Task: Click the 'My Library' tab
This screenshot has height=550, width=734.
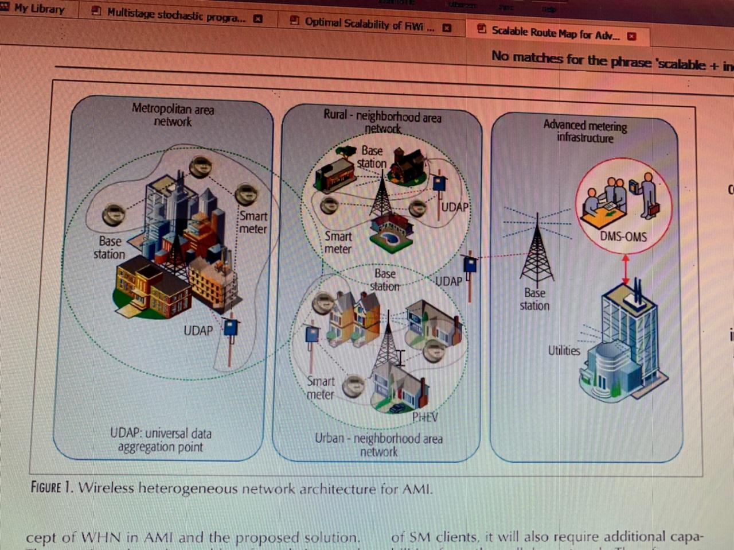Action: pos(39,9)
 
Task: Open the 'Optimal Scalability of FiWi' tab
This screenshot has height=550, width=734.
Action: pos(369,24)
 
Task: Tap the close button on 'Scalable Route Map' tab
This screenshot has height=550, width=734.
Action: pos(632,36)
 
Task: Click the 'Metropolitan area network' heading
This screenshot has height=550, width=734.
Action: pos(173,115)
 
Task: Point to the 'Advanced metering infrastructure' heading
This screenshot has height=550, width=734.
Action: pos(585,131)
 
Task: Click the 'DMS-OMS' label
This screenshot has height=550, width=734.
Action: pos(623,237)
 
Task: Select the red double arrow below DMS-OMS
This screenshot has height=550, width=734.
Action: pos(626,269)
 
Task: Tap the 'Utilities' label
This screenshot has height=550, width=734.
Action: pos(564,350)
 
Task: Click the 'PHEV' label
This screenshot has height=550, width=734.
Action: pos(425,417)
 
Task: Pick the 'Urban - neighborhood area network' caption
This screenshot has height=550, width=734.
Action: pos(378,445)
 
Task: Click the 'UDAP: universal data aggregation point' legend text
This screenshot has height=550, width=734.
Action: pos(161,440)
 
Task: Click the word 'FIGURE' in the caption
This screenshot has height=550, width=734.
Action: pos(46,487)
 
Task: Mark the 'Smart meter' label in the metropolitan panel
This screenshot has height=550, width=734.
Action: pos(253,222)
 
